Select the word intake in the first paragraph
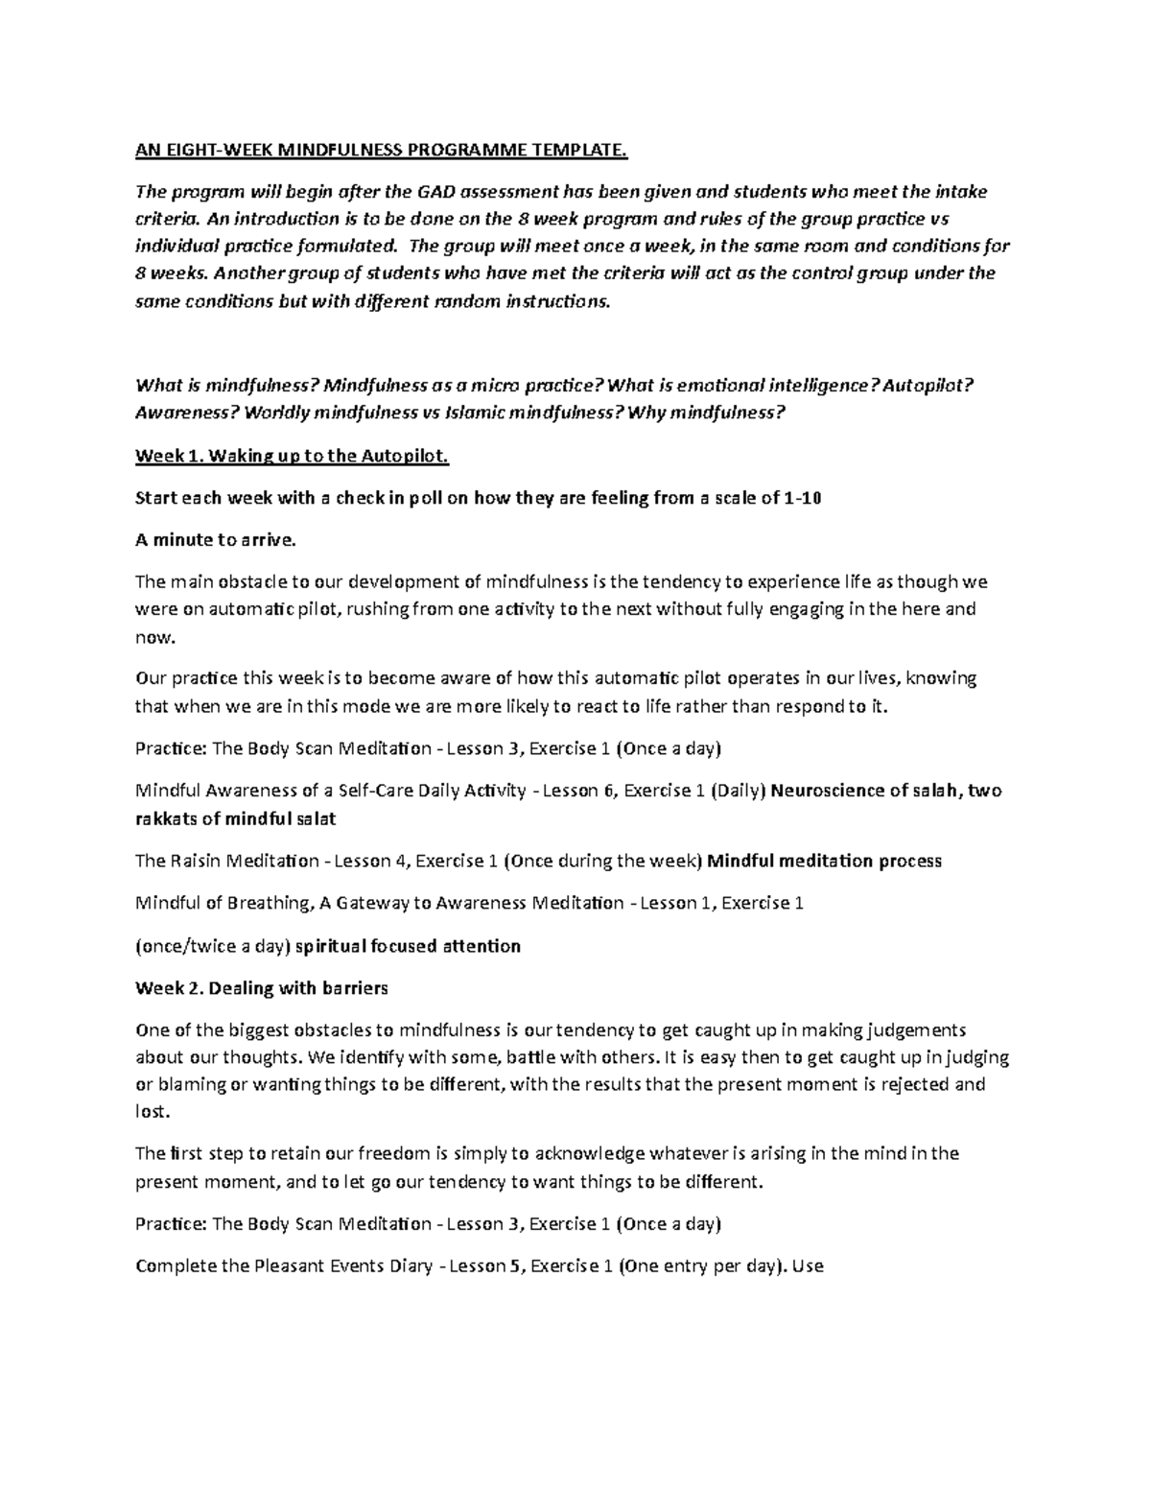click(962, 192)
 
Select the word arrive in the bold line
click(258, 540)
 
